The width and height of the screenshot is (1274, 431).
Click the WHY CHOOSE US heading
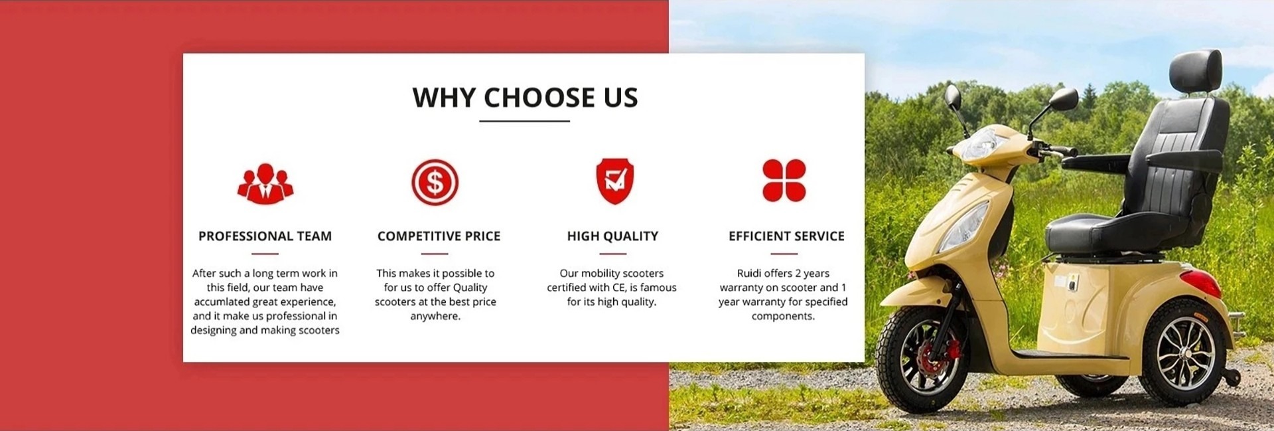525,98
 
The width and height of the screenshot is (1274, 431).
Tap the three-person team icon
265,183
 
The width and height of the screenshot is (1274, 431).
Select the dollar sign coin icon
435,182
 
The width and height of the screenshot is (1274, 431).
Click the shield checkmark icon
614,181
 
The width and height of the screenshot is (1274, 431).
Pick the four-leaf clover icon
784,180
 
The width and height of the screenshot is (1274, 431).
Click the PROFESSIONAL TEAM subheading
265,236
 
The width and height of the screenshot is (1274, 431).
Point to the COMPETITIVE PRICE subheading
439,236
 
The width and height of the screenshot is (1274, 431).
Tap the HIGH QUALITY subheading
612,236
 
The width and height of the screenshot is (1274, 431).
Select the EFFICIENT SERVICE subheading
786,236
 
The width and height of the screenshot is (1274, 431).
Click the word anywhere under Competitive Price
435,316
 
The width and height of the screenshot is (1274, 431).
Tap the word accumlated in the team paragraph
222,302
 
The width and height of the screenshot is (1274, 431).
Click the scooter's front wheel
919,359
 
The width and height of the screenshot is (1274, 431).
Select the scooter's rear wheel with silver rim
1182,352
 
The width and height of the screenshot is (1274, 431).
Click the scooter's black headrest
1195,70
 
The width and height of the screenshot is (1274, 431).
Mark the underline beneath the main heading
524,121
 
